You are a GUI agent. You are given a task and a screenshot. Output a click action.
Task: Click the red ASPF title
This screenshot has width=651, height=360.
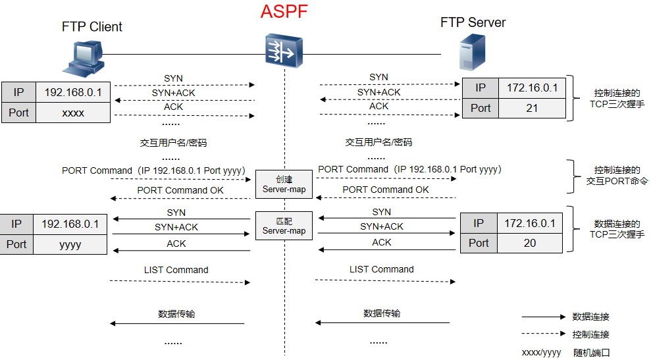[x=284, y=12]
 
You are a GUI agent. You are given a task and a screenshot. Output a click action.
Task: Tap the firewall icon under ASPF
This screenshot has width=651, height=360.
[x=284, y=51]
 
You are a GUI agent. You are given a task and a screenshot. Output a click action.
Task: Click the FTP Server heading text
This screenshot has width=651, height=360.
[x=473, y=22]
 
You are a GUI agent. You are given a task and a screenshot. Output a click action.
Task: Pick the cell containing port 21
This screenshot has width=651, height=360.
[x=532, y=108]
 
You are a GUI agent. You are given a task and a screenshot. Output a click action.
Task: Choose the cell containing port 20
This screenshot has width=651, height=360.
[x=529, y=243]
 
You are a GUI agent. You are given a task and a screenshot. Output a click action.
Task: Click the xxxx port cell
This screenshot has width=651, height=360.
[x=73, y=113]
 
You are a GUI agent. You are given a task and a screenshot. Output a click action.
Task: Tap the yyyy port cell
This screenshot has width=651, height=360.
[x=70, y=244]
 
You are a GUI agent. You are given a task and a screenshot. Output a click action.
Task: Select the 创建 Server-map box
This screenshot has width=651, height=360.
[x=284, y=184]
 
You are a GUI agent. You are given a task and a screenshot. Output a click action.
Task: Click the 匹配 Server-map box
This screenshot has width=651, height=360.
[x=284, y=226]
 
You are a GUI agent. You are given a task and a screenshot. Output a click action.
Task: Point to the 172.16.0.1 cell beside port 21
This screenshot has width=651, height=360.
[x=532, y=88]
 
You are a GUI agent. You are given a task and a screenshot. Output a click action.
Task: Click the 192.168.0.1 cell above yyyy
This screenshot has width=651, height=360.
[x=70, y=224]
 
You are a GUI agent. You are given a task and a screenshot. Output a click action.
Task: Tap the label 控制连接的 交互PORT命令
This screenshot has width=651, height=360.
[x=617, y=175]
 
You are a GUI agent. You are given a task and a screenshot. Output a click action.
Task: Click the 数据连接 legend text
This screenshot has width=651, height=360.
[x=590, y=317]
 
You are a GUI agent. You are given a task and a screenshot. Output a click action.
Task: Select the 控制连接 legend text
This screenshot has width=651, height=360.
[x=590, y=334]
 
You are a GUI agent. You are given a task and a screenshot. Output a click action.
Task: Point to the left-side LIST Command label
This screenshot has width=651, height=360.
[x=176, y=270]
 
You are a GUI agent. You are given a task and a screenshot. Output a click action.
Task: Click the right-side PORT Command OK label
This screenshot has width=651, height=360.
[x=385, y=190]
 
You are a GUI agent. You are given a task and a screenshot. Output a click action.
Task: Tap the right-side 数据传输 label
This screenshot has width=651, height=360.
[x=381, y=313]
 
